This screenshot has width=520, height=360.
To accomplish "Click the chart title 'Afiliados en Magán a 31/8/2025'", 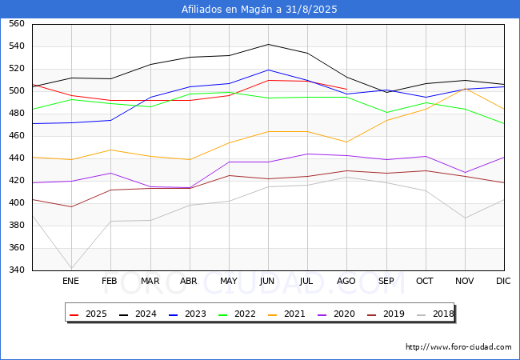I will (x=260, y=10).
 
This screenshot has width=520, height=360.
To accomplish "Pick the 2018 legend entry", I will (x=433, y=314).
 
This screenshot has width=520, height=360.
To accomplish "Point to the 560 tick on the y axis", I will (x=16, y=24).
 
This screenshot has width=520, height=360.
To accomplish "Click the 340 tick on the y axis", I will (x=16, y=270).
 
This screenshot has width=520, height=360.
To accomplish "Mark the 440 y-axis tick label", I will (x=16, y=158).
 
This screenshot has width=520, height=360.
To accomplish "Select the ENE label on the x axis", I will (x=71, y=282).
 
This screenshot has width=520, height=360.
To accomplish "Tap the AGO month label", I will (x=346, y=282).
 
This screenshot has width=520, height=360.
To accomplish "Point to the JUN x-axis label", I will (x=268, y=282).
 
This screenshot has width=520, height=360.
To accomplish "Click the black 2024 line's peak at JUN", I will (x=268, y=44).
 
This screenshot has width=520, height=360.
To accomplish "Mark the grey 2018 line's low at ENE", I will (x=71, y=269).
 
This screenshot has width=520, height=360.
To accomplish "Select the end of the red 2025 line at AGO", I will (x=346, y=89).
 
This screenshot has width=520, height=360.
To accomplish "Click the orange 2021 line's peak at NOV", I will (x=465, y=88).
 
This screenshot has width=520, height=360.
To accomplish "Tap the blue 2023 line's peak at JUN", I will (x=268, y=70).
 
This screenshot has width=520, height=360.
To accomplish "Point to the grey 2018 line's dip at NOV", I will (x=465, y=218).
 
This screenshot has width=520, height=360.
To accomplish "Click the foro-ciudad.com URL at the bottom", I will (x=458, y=347).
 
